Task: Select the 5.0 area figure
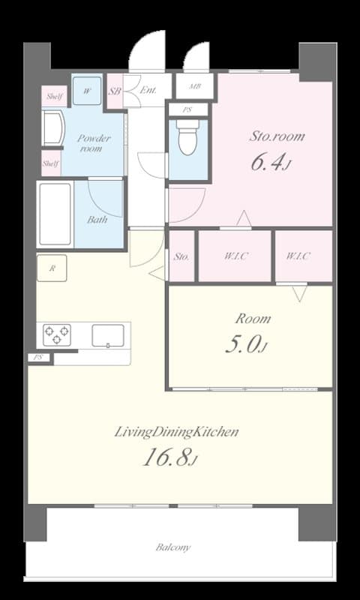tap(245, 344)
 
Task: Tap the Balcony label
tap(172, 547)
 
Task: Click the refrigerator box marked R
tap(52, 268)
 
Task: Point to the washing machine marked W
tap(88, 91)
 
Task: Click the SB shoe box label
tap(115, 91)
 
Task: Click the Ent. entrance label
tap(148, 91)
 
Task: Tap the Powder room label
tap(94, 143)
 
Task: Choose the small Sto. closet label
tap(181, 256)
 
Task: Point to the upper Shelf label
tap(53, 96)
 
